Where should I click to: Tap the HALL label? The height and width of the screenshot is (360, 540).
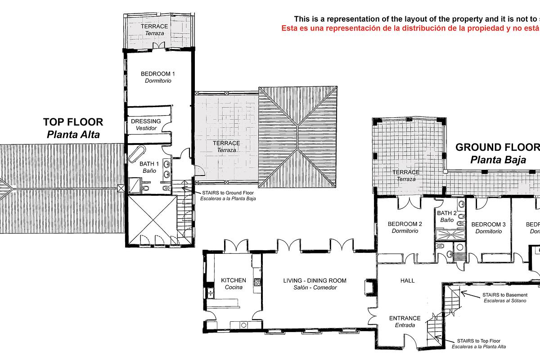(x=407, y=281)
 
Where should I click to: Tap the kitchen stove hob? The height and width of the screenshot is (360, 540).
(x=257, y=283)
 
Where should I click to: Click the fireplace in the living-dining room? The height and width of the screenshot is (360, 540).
(x=370, y=287)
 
